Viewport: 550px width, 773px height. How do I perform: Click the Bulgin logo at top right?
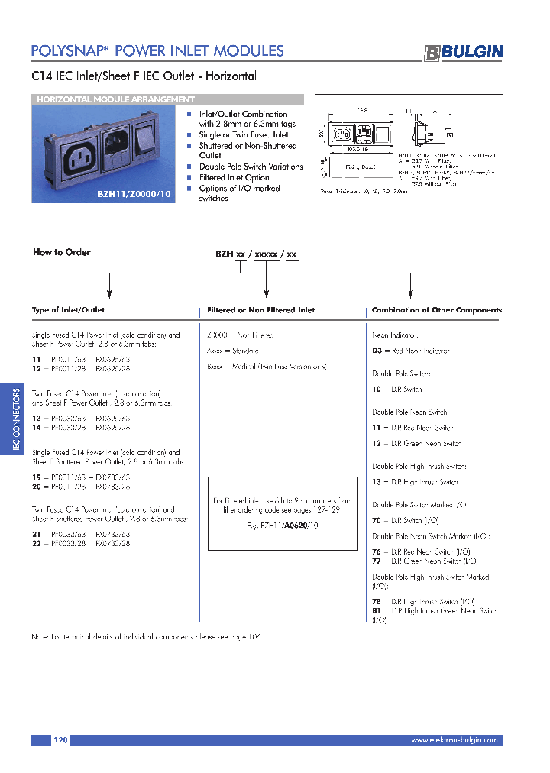[x=464, y=52]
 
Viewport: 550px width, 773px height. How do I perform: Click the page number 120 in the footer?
[x=61, y=740]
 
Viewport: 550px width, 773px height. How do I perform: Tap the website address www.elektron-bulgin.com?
[x=454, y=740]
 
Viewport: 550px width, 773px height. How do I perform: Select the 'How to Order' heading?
[x=62, y=252]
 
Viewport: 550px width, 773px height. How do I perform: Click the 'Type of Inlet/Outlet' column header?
[x=68, y=310]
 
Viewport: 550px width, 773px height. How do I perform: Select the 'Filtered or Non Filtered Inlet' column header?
[x=261, y=310]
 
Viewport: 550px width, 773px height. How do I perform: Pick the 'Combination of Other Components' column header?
[x=436, y=310]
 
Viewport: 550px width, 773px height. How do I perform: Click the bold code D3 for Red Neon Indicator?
[x=377, y=351]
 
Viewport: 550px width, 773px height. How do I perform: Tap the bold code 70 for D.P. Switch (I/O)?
[x=376, y=520]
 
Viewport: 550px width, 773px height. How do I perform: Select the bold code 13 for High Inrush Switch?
[x=376, y=482]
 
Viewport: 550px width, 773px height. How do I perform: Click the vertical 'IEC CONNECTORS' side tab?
[x=16, y=419]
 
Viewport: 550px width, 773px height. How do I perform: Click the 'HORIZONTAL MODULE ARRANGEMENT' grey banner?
[x=115, y=99]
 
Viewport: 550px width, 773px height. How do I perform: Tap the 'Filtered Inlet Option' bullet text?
[x=234, y=177]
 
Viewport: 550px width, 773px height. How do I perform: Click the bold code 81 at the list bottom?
[x=376, y=611]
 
